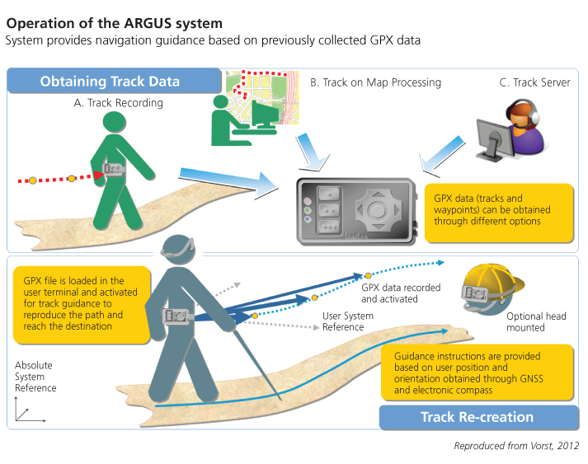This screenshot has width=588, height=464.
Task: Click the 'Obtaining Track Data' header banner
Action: pos(110,81)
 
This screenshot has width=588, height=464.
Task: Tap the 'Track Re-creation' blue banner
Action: pos(477,416)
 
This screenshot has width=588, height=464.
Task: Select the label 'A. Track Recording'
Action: pos(119,103)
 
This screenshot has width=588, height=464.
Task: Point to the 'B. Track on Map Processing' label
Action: pos(375,82)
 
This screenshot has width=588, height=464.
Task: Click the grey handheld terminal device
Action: pos(355,211)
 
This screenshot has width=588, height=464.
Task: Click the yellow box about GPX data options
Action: pos(501,209)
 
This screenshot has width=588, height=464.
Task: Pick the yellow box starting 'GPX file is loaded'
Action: pos(81,302)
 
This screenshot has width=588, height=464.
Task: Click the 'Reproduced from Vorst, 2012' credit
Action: pos(515,445)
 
